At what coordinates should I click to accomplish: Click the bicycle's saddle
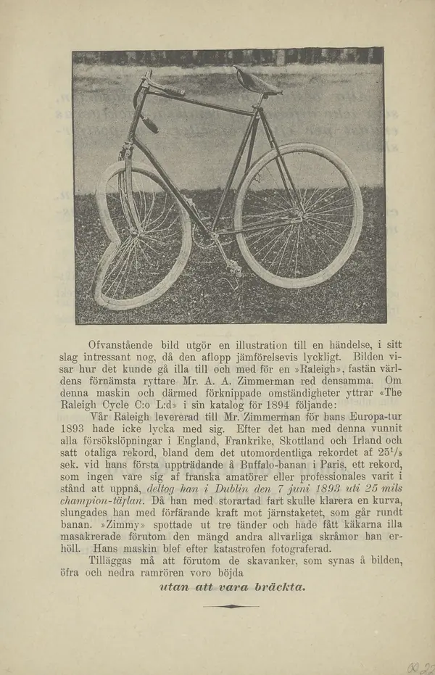pos(257,81)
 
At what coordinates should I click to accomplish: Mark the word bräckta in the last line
pos(278,586)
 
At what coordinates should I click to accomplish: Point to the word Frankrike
pos(253,441)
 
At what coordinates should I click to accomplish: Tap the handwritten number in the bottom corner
pos(420,668)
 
